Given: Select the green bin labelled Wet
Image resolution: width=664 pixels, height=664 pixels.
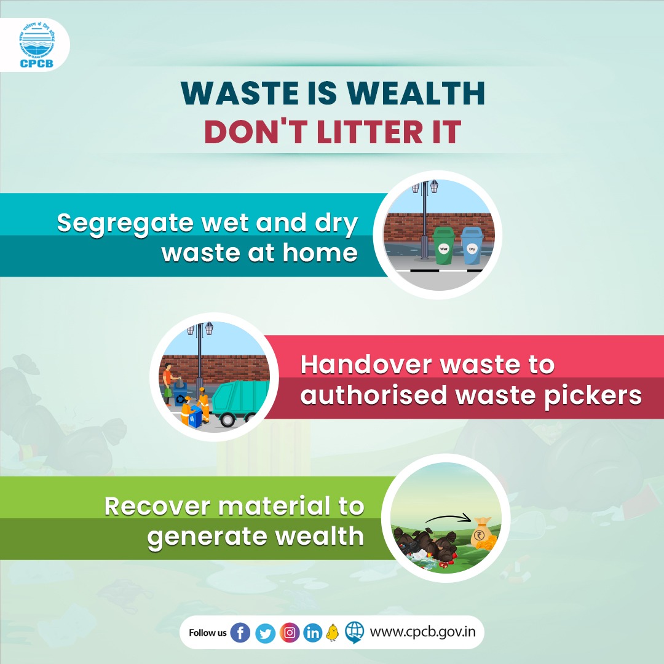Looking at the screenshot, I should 444,245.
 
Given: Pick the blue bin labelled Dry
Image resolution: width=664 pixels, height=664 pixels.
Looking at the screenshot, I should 472,245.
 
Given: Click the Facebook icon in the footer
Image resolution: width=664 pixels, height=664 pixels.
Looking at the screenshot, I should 240,632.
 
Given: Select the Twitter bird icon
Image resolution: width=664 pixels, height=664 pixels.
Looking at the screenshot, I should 265,632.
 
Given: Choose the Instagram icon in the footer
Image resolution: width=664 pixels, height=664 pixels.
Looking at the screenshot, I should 289,632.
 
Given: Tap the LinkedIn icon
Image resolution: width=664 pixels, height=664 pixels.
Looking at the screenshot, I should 313,632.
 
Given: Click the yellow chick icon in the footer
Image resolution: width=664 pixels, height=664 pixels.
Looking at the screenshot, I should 333,632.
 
